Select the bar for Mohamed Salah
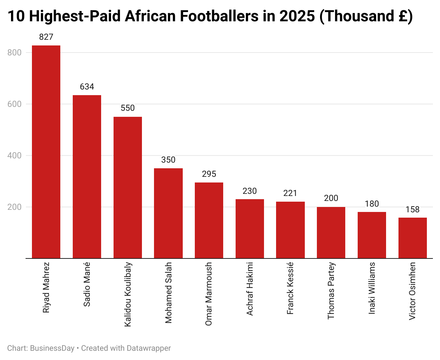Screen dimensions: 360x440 tap(168, 213)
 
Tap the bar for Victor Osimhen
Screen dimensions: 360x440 tap(412, 238)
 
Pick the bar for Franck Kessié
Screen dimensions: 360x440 tap(290, 230)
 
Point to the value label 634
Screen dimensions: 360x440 tap(87, 87)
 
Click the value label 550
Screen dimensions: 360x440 tap(128, 108)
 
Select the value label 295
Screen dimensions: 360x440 tap(209, 174)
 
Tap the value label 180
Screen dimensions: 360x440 tap(372, 204)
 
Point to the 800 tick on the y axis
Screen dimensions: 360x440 tap(15, 53)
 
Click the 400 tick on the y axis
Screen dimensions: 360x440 tap(15, 156)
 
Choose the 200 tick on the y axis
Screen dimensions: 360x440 tap(15, 207)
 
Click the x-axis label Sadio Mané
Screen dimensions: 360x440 tap(87, 284)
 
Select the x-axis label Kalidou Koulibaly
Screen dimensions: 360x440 tap(128, 294)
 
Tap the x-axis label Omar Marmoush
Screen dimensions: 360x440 tap(209, 294)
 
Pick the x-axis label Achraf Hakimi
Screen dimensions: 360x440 tap(250, 289)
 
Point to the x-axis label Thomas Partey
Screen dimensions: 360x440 tap(331, 290)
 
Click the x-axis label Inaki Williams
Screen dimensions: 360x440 tap(372, 288)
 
